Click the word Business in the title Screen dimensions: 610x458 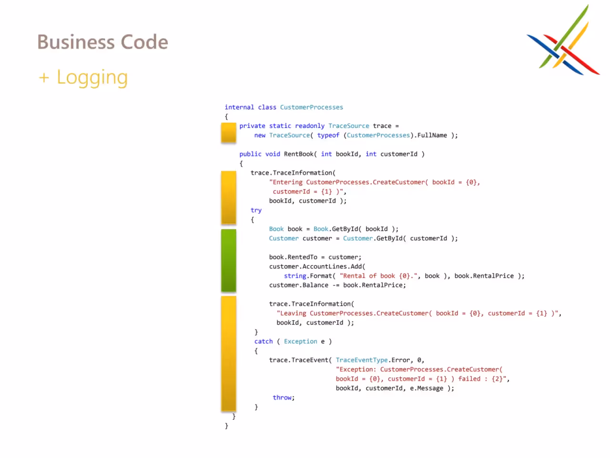(x=76, y=42)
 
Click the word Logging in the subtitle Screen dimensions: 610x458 (x=92, y=78)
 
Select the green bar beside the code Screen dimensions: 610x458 (x=228, y=260)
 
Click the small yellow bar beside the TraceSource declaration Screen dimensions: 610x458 (x=228, y=133)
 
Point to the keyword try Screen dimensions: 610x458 (x=256, y=210)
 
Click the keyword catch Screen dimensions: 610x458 (x=264, y=341)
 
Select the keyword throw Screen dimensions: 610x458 (x=282, y=397)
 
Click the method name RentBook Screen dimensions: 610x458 (x=298, y=154)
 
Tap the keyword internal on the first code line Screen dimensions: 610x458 (x=239, y=107)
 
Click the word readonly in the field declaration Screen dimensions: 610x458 (x=310, y=126)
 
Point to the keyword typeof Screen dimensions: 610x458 (x=328, y=135)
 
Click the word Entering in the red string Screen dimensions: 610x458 (x=287, y=182)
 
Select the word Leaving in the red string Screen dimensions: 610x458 (x=293, y=313)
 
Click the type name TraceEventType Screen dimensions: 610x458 (x=362, y=360)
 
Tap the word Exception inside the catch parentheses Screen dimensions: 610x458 (x=300, y=341)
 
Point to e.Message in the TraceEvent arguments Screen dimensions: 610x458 (x=427, y=388)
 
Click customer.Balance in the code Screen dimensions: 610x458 (x=298, y=285)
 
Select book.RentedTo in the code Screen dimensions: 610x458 (x=293, y=257)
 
